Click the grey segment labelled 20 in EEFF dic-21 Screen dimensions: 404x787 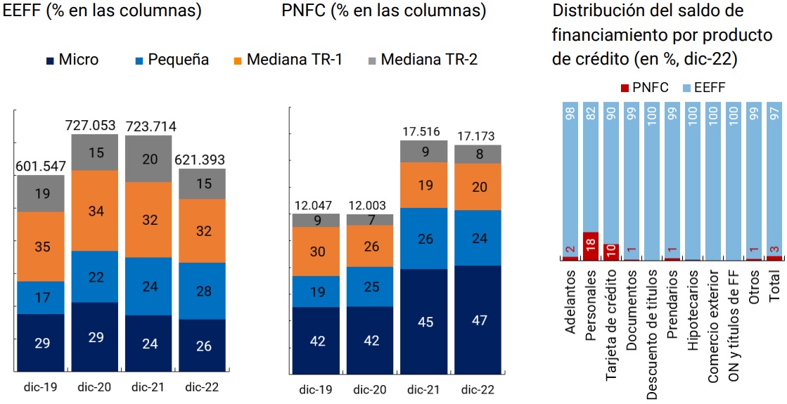click(x=149, y=159)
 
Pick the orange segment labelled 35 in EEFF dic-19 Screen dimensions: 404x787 click(x=41, y=247)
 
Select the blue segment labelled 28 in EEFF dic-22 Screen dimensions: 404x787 click(x=203, y=291)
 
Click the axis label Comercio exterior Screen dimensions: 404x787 click(x=713, y=327)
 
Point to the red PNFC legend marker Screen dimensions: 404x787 click(x=625, y=87)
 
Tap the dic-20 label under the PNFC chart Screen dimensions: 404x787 click(x=369, y=389)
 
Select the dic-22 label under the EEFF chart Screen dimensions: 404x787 click(x=203, y=386)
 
